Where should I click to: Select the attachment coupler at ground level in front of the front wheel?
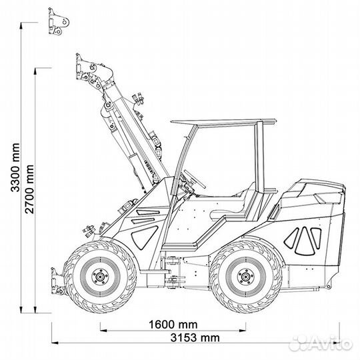57,279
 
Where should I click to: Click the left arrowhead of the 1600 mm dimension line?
102,327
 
